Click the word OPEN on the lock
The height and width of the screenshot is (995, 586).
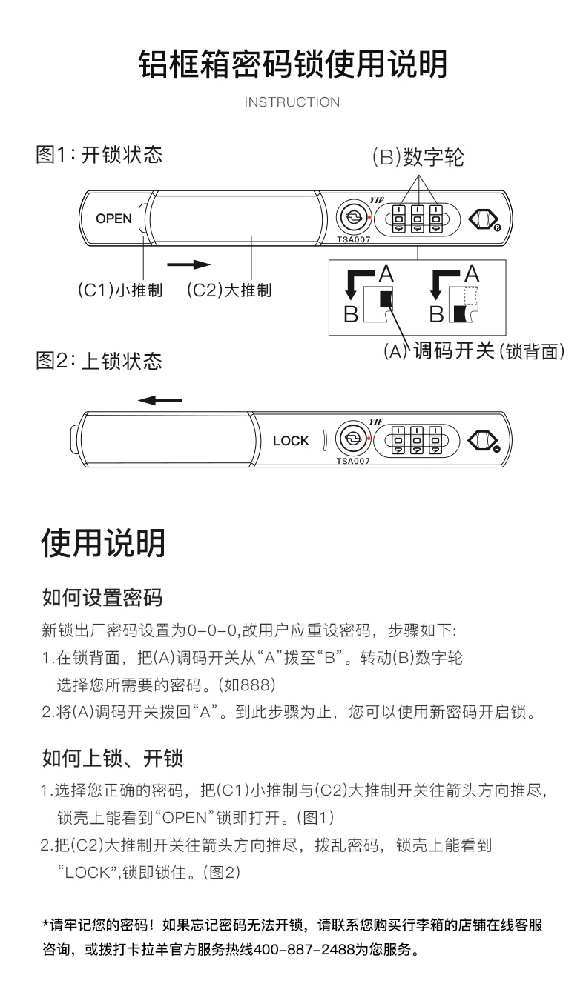[x=113, y=219]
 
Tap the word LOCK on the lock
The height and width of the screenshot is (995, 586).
[x=291, y=441]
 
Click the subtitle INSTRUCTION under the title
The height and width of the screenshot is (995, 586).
[x=292, y=102]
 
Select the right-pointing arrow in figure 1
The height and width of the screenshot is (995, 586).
[x=189, y=264]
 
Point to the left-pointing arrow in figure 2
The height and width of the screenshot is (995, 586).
[x=159, y=400]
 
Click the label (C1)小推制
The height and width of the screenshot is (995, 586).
[x=120, y=290]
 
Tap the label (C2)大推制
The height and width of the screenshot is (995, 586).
[x=228, y=290]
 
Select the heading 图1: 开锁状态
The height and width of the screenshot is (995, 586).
[x=99, y=155]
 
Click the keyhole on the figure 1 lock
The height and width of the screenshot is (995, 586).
[x=353, y=218]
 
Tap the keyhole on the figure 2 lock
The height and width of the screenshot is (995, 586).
[x=353, y=440]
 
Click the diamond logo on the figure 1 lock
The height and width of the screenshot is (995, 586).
[x=483, y=219]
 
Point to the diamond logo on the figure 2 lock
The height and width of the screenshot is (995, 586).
[x=483, y=442]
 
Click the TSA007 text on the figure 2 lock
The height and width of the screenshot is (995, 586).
[x=353, y=460]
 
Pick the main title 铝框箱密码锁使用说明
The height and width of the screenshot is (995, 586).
[x=293, y=65]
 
